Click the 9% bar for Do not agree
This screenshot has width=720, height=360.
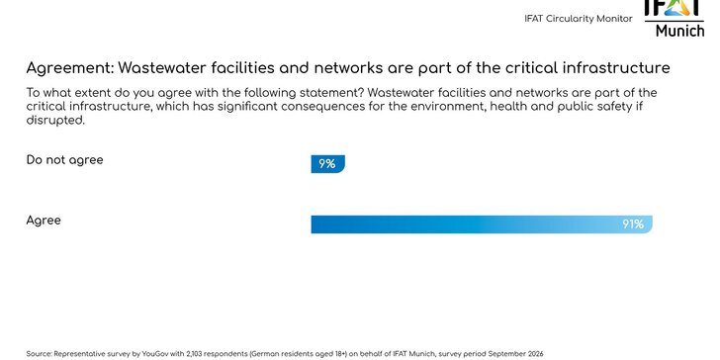(327, 164)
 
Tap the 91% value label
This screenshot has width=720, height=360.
(633, 225)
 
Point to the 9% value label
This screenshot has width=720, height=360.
(326, 164)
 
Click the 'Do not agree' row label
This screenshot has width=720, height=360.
(64, 159)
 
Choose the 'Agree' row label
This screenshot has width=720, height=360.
(44, 221)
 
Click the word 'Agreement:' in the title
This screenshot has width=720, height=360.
(69, 68)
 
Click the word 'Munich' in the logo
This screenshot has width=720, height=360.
(680, 31)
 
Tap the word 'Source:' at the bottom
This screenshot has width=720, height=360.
(39, 353)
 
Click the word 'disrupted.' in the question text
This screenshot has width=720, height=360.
(56, 121)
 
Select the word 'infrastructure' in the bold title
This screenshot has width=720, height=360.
(613, 68)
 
